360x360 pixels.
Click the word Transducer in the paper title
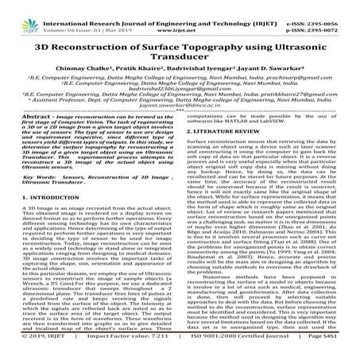tap(180, 62)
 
